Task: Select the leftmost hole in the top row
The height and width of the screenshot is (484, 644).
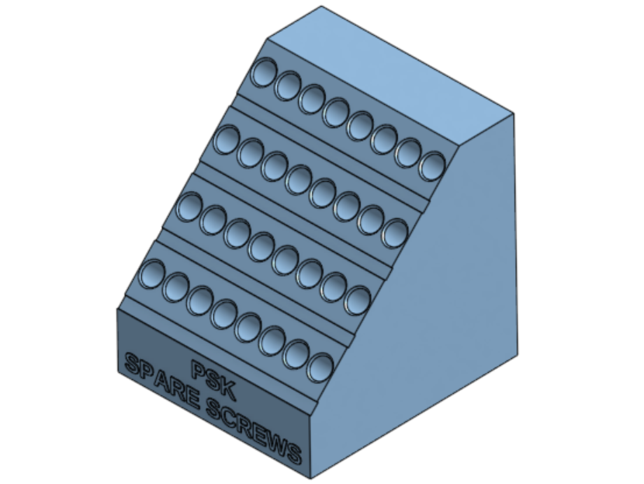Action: click(x=263, y=72)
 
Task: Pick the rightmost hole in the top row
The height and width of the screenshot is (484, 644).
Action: click(x=432, y=166)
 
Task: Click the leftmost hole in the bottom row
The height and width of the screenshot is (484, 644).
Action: click(x=151, y=274)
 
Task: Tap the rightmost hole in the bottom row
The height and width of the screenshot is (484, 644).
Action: click(x=320, y=367)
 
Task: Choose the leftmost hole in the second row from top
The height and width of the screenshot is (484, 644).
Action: click(x=227, y=140)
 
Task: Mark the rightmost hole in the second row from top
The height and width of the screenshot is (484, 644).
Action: click(x=395, y=233)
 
